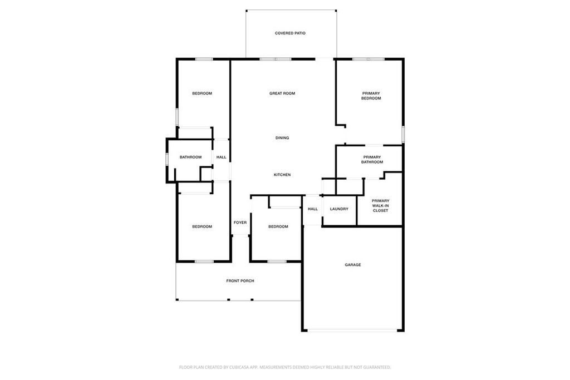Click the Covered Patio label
(x=290, y=33)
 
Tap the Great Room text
(x=282, y=93)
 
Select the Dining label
(x=282, y=138)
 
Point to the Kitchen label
(x=282, y=175)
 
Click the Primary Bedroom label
(x=371, y=96)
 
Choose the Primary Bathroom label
(x=372, y=160)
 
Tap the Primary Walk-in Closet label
(x=381, y=205)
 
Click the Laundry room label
(x=339, y=209)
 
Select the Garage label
(x=353, y=265)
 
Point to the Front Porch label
(x=240, y=281)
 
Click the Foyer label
(x=240, y=223)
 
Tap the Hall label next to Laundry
(x=313, y=209)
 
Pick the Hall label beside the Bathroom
(x=221, y=157)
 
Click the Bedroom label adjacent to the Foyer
(x=278, y=226)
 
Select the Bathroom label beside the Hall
(x=190, y=157)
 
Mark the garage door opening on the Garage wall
(x=353, y=330)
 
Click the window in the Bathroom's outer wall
(x=166, y=158)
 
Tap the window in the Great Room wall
(x=275, y=59)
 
